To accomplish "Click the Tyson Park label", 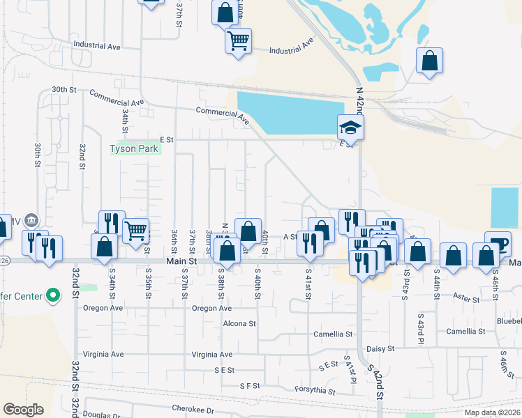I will [x=135, y=148].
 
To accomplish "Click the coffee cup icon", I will [x=498, y=243].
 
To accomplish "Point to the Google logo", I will [x=23, y=410].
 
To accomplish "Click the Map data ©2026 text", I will [x=492, y=412].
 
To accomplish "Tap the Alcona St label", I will [x=239, y=324].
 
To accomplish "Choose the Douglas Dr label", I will [x=101, y=415].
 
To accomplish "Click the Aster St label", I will [x=465, y=300].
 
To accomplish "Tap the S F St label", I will [x=249, y=385].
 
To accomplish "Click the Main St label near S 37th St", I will [x=179, y=261].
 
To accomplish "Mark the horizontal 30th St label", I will [x=64, y=90].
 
